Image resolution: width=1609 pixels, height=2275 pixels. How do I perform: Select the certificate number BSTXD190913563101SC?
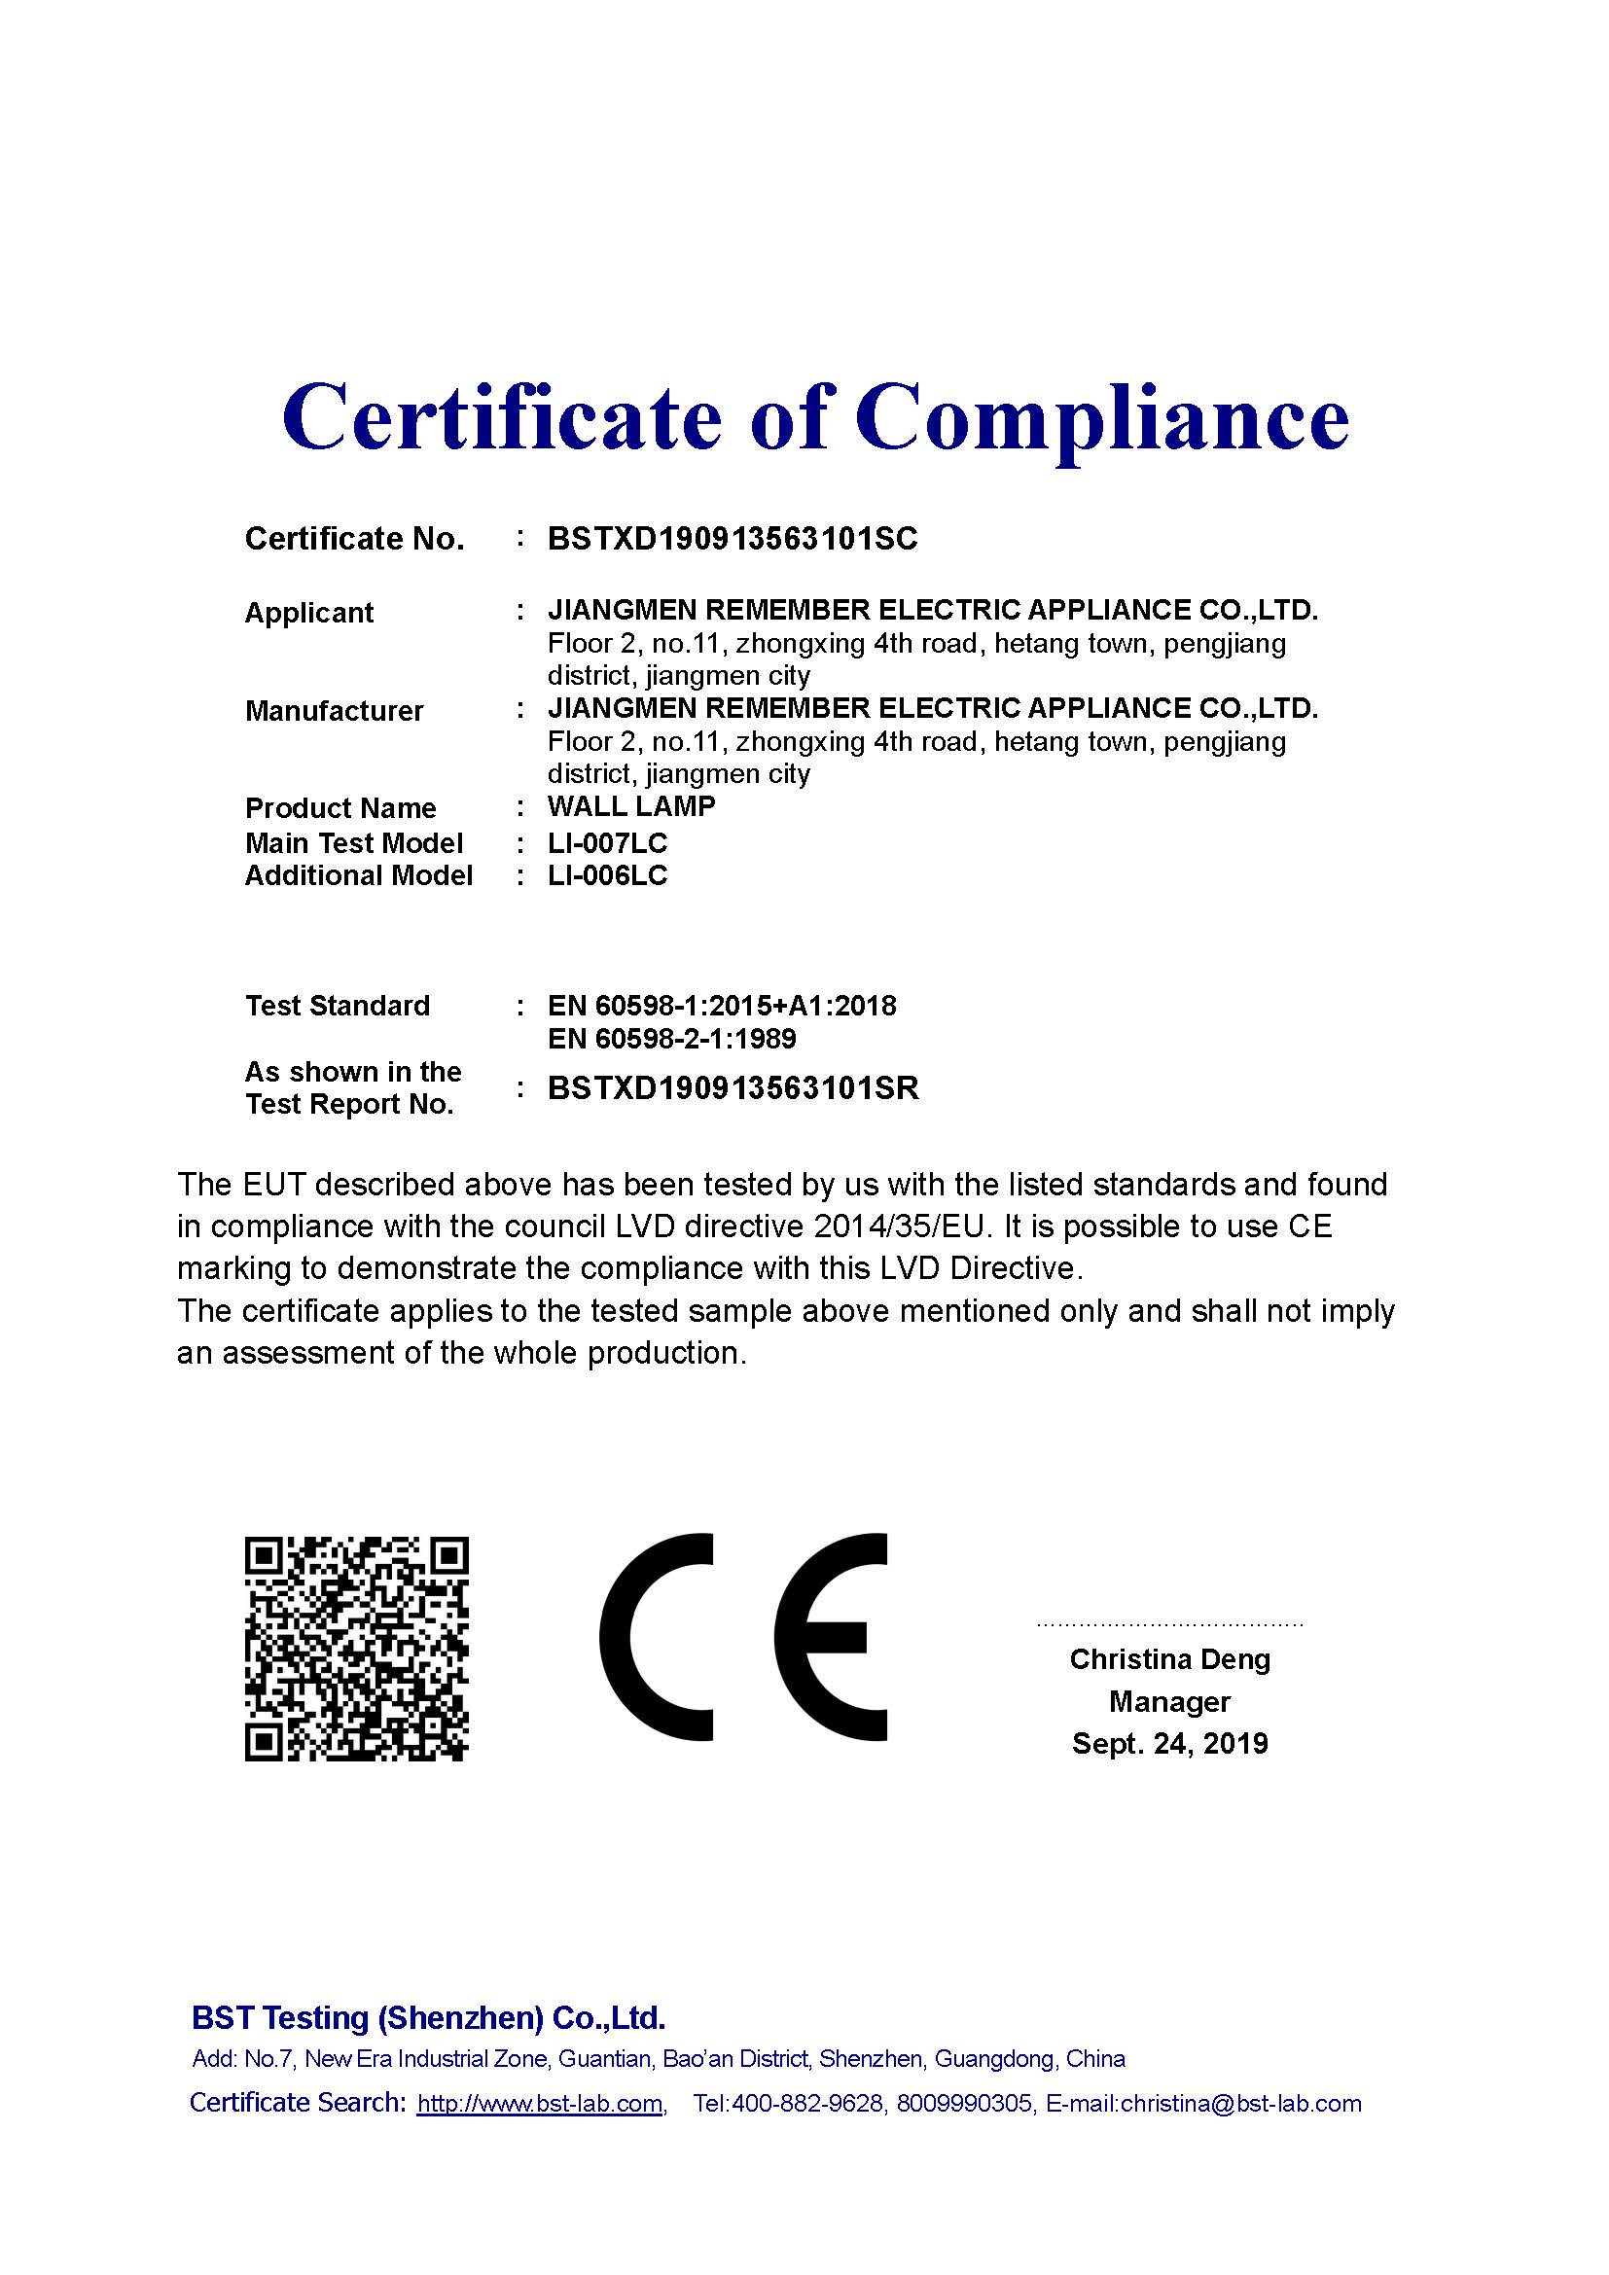pyautogui.click(x=733, y=539)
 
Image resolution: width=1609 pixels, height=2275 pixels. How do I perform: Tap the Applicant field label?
pyautogui.click(x=309, y=614)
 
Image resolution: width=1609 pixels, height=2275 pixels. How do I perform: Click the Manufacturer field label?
pyautogui.click(x=334, y=711)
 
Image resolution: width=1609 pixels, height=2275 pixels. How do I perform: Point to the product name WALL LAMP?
pyautogui.click(x=631, y=806)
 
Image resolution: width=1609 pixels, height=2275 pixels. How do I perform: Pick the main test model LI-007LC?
pyautogui.click(x=607, y=843)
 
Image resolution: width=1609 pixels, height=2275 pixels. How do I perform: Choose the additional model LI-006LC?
pyautogui.click(x=607, y=876)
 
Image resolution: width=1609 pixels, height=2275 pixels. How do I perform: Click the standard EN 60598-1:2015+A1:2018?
pyautogui.click(x=721, y=1007)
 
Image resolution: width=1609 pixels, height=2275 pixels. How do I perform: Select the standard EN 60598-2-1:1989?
pyautogui.click(x=672, y=1040)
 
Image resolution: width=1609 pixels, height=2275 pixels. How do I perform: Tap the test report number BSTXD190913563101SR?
pyautogui.click(x=733, y=1089)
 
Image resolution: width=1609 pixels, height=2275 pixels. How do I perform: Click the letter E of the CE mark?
pyautogui.click(x=833, y=1638)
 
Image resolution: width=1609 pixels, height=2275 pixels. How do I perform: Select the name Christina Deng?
pyautogui.click(x=1169, y=1659)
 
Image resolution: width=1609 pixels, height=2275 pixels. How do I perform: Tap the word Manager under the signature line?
pyautogui.click(x=1169, y=1702)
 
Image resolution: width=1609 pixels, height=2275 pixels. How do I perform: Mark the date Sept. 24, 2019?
pyautogui.click(x=1169, y=1744)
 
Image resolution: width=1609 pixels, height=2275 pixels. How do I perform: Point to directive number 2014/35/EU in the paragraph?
pyautogui.click(x=902, y=1227)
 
